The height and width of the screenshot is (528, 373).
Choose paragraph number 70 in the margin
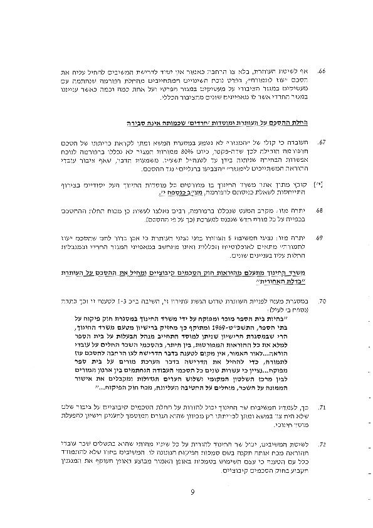(x=321, y=302)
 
